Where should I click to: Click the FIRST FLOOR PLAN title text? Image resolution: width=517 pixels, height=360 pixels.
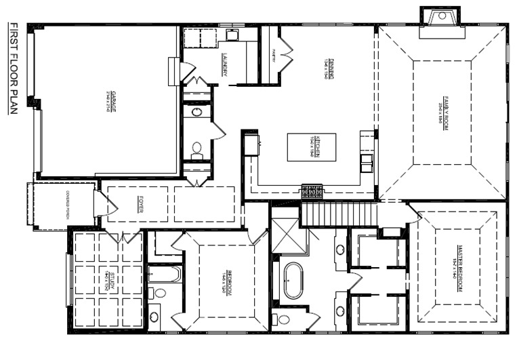click(x=13, y=68)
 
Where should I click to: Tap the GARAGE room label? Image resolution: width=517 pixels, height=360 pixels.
click(x=108, y=100)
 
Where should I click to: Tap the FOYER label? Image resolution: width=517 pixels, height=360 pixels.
click(x=140, y=205)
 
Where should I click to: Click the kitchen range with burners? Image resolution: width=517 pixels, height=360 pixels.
click(x=311, y=192)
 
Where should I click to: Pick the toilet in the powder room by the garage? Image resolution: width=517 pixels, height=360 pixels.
click(x=197, y=148)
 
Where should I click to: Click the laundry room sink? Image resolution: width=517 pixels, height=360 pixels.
click(x=231, y=35)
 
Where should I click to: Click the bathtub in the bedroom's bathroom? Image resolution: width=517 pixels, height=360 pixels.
click(x=164, y=274)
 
